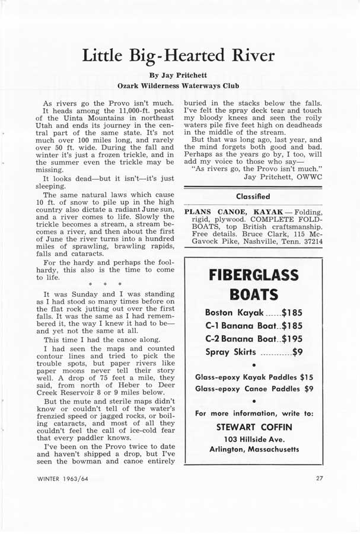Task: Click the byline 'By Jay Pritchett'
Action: (180, 75)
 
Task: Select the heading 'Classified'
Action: (253, 196)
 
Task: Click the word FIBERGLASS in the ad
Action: (253, 275)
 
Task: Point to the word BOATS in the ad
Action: (253, 295)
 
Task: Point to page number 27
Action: (320, 478)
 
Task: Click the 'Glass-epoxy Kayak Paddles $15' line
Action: (254, 377)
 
